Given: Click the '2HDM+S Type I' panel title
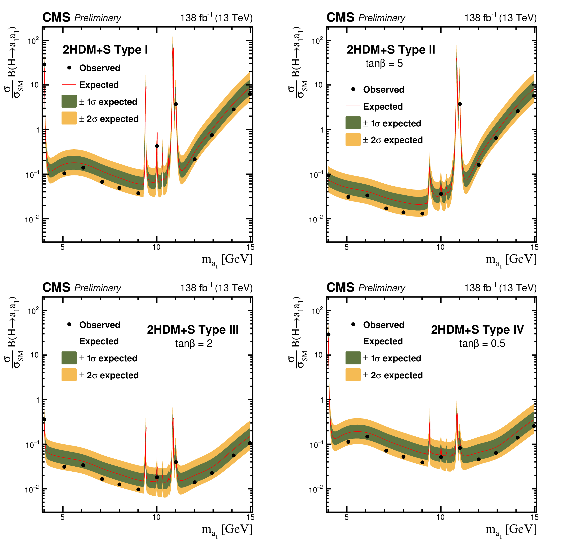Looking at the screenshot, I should click(105, 50).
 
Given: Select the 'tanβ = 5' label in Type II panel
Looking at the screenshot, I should click(384, 64).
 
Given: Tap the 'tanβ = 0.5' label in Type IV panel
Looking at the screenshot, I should click(482, 344).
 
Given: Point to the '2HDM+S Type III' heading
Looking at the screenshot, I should click(193, 330).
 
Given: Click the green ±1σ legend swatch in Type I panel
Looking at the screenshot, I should click(69, 101).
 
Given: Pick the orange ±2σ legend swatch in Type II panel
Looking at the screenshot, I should click(353, 140).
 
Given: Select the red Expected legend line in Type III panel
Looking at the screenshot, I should click(69, 341).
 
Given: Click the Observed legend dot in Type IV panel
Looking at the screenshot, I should click(353, 324).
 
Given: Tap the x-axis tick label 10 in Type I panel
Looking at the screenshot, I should click(156, 247).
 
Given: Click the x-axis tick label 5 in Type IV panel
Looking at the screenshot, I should click(347, 517).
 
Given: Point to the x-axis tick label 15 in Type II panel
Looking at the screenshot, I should click(535, 247).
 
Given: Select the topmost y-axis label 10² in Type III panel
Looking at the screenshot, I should click(33, 311).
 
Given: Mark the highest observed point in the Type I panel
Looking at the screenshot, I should click(44, 64).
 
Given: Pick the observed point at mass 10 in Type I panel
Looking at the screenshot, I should click(157, 146).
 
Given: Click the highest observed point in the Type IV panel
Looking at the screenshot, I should click(328, 335).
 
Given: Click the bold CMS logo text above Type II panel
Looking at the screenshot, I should click(340, 17).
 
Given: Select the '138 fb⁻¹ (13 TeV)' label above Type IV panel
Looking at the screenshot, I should click(500, 288).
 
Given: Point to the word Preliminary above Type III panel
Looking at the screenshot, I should click(97, 288).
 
